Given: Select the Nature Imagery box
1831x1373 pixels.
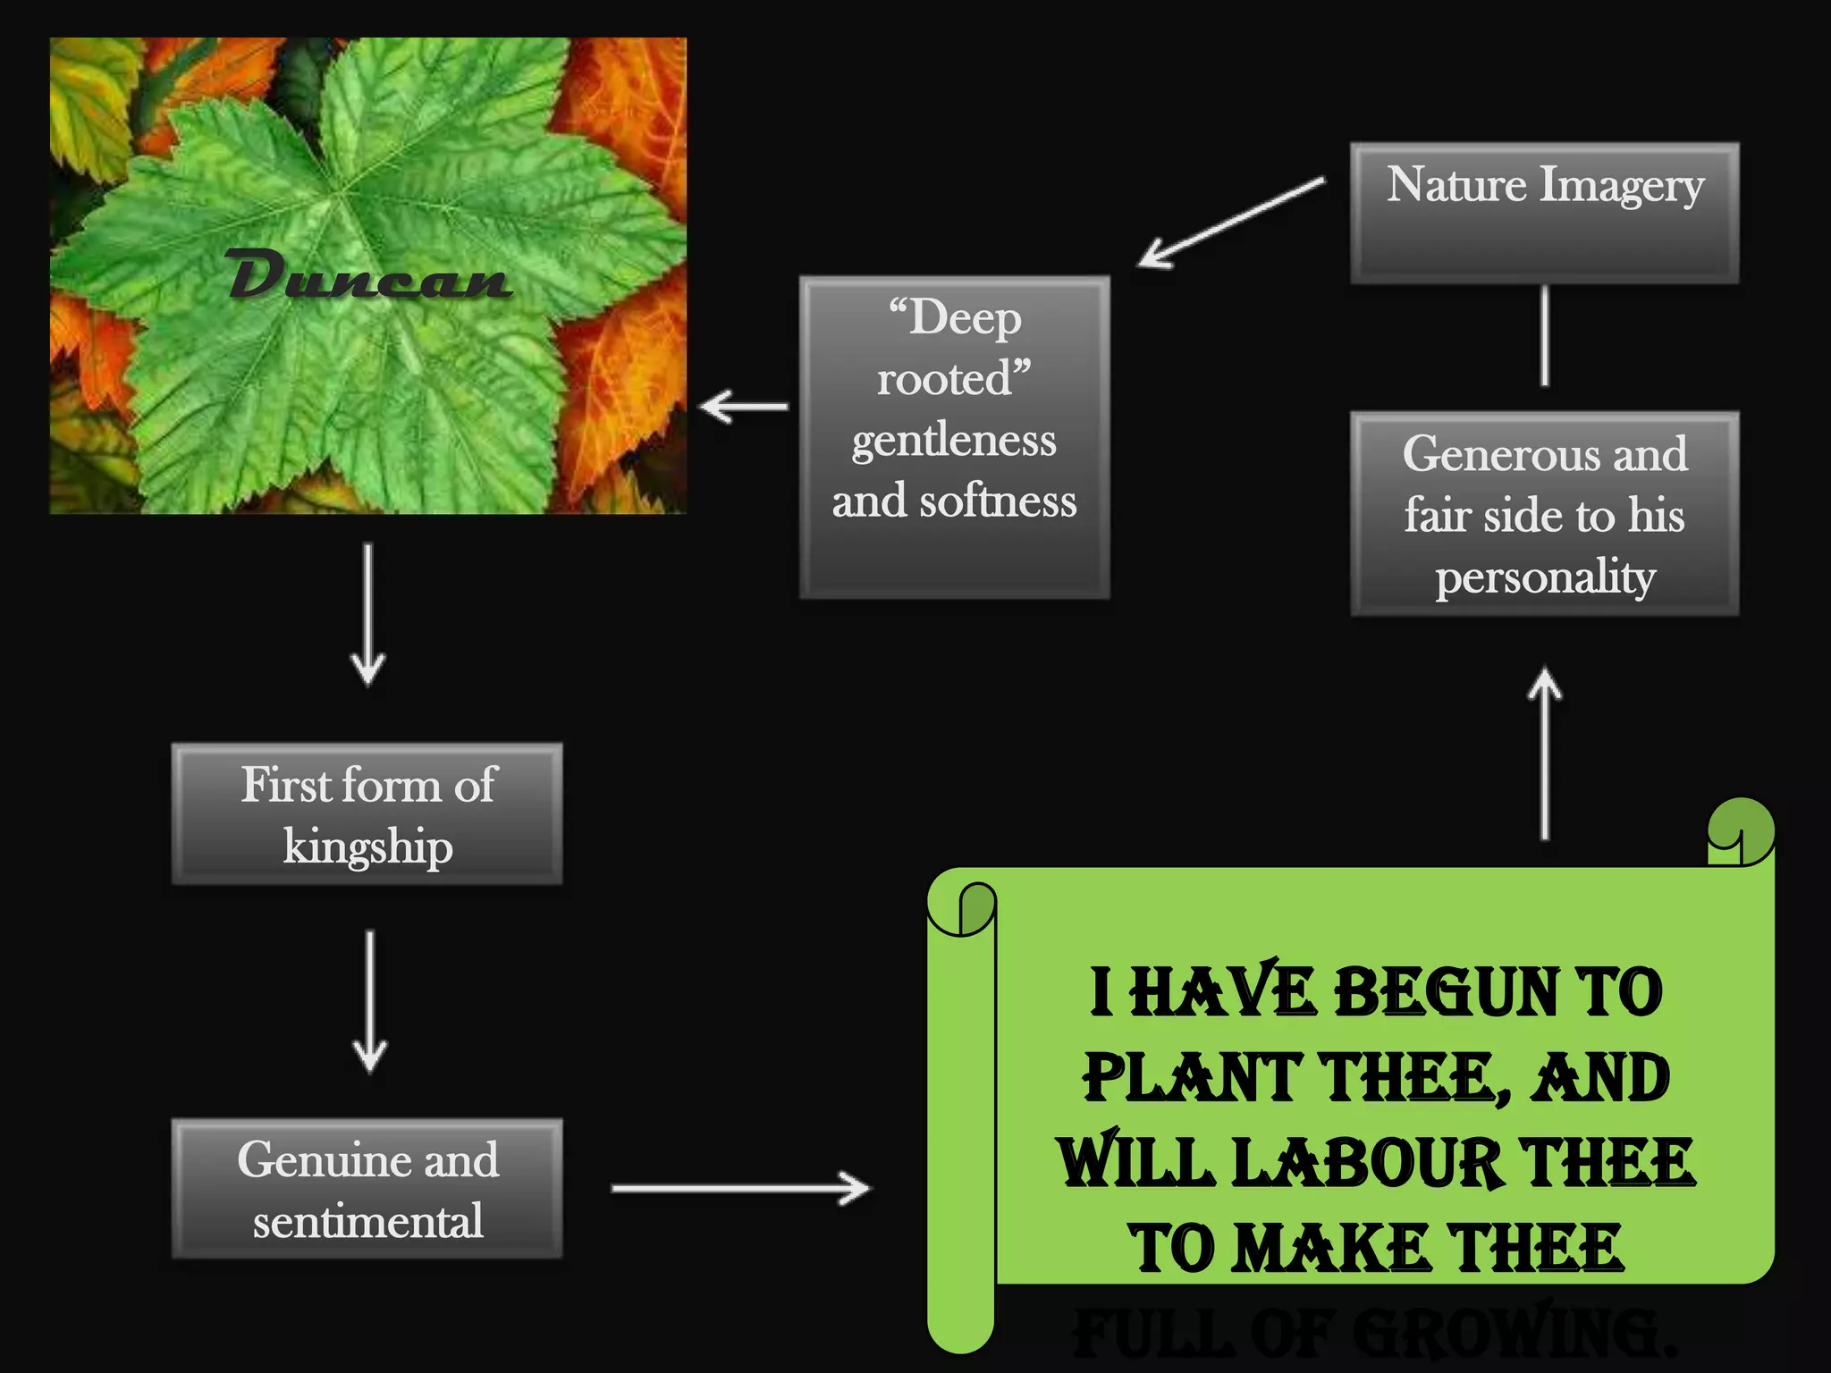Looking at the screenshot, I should coord(1544,213).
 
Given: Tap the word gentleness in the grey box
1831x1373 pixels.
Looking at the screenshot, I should coord(954,440).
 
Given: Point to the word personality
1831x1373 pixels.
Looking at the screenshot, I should coord(1545,577).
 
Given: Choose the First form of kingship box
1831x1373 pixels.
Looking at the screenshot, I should coord(367,813).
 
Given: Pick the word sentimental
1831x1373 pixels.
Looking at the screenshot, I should coord(367,1221).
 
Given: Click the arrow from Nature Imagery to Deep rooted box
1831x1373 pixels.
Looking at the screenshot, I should coord(1231,223).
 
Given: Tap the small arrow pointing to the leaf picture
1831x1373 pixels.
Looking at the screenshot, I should coord(744,407).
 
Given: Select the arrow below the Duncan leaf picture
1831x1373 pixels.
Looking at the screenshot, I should coord(367,615).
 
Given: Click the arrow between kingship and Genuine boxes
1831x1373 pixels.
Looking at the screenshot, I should coord(369,1001).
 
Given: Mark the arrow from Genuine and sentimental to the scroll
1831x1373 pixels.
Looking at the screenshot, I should coord(740,1188).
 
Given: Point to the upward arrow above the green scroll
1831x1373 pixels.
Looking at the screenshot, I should coord(1545,755).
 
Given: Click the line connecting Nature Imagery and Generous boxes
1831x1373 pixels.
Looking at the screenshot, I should coord(1545,336).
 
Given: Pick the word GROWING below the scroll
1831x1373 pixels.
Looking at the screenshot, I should coord(1511,1333).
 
